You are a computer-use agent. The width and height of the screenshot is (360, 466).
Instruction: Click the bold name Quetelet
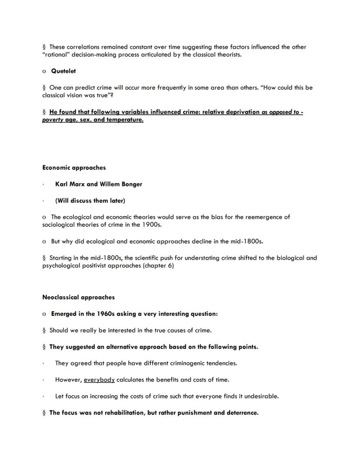pyautogui.click(x=63, y=71)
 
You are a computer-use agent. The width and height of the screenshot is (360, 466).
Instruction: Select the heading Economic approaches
pyautogui.click(x=74, y=168)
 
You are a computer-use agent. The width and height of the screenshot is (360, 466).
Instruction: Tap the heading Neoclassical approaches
pyautogui.click(x=79, y=297)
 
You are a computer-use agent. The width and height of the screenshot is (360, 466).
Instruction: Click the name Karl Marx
pyautogui.click(x=70, y=184)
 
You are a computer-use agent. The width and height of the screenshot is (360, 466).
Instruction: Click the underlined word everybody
pyautogui.click(x=99, y=379)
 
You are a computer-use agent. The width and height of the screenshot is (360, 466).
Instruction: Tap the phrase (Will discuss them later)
pyautogui.click(x=90, y=201)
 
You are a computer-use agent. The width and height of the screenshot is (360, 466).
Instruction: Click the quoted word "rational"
pyautogui.click(x=57, y=55)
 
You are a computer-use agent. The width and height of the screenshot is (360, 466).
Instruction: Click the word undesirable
pyautogui.click(x=261, y=396)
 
